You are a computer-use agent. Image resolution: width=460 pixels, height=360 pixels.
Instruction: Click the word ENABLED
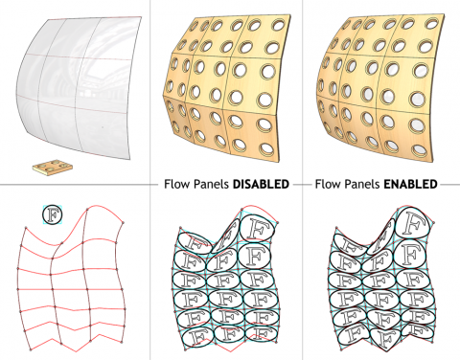pos(410,183)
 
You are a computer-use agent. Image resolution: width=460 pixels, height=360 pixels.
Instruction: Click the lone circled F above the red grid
pos(52,213)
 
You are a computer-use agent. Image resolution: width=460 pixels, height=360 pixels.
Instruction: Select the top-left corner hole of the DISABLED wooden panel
pos(187,40)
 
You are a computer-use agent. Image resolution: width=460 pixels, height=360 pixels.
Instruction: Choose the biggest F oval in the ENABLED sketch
pos(413,232)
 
